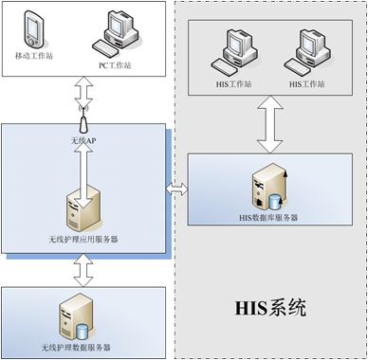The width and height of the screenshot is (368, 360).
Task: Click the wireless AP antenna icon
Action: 83,124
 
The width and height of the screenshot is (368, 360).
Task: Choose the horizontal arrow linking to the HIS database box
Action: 176,190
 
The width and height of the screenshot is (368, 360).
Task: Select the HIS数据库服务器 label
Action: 268,217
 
